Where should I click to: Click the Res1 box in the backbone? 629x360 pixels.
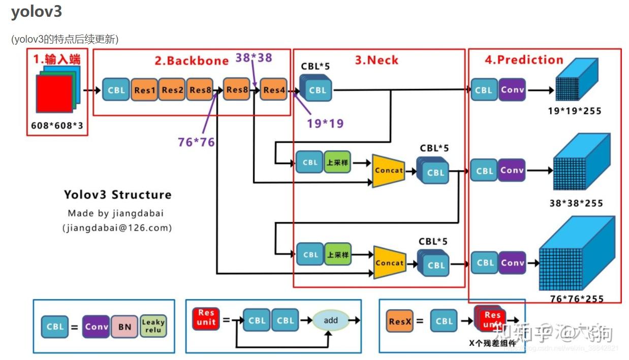145,90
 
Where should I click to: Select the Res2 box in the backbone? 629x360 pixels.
172,90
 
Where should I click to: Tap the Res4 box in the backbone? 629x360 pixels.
273,90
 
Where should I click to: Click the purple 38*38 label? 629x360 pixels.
254,57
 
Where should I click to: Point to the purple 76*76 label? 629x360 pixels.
196,142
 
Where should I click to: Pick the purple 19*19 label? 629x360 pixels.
325,123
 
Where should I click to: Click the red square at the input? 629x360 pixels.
54,93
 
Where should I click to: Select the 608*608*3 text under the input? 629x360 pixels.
57,125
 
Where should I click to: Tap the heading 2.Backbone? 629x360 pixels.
192,61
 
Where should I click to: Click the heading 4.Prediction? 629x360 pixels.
524,60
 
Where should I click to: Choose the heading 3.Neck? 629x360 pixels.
376,60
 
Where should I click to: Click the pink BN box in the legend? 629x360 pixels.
124,327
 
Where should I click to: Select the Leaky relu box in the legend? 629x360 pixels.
153,326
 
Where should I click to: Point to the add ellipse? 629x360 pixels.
331,320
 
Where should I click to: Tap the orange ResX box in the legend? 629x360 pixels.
399,321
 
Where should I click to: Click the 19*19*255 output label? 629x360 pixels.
574,111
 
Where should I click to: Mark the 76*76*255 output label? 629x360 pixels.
576,299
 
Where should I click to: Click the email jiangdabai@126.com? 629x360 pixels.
117,228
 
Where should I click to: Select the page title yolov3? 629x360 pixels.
37,12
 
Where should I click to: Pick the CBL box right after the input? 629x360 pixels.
116,90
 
